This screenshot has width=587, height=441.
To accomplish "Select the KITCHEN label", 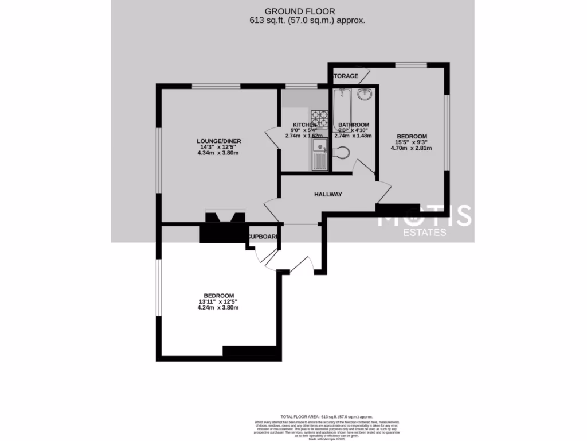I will pyautogui.click(x=304, y=125).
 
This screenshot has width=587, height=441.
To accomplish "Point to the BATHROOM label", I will pyautogui.click(x=353, y=125).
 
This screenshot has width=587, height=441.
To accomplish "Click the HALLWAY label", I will pyautogui.click(x=328, y=194).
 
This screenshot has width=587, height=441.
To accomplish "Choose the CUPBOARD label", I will pyautogui.click(x=264, y=237).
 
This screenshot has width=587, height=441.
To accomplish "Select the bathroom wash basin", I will pyautogui.click(x=364, y=95).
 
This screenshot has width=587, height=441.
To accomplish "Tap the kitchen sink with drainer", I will pyautogui.click(x=319, y=154).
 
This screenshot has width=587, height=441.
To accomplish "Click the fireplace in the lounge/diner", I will pyautogui.click(x=226, y=218).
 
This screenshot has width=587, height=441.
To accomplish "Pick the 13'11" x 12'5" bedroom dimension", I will pyautogui.click(x=217, y=301).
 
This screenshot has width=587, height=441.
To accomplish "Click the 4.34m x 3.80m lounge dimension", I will pyautogui.click(x=217, y=153).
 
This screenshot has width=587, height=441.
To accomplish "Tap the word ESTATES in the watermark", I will pyautogui.click(x=424, y=233).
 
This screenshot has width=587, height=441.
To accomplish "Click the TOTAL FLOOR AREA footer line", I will pyautogui.click(x=326, y=416).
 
